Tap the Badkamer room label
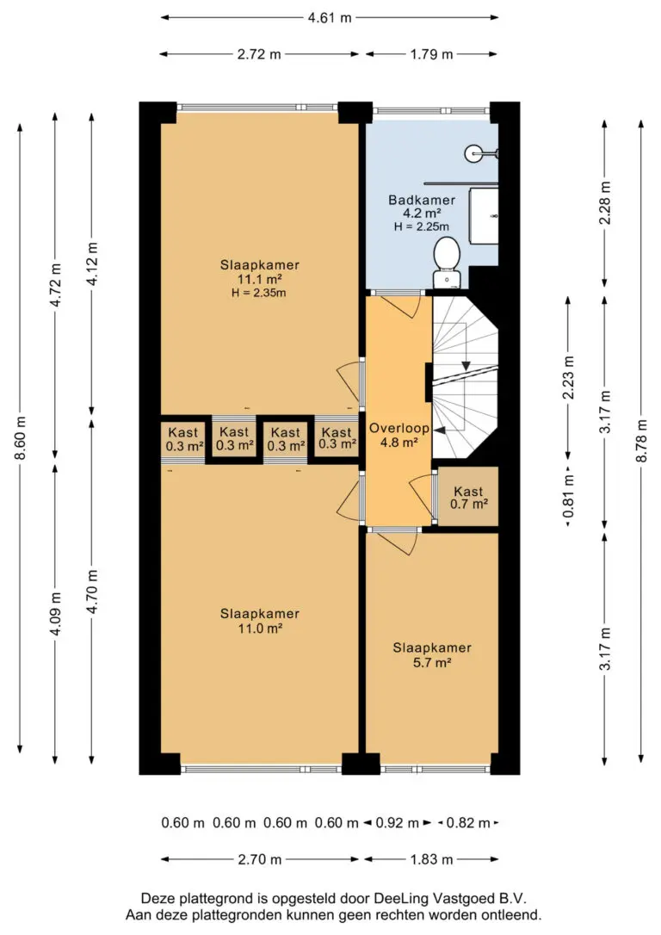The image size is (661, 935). tap(422, 201)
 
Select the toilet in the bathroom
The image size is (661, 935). tap(446, 262)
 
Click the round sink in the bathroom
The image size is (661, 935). tap(475, 153)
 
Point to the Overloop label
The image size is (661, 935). tap(398, 428)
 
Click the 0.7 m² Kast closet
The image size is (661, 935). tap(468, 497)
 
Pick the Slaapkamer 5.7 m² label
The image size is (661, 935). tap(432, 654)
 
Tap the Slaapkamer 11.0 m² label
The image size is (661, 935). tap(259, 621)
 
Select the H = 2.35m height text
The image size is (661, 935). tap(259, 293)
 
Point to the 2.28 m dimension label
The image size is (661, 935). tap(605, 202)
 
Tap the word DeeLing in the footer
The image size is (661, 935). tap(398, 898)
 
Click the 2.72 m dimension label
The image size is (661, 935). tap(259, 54)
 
